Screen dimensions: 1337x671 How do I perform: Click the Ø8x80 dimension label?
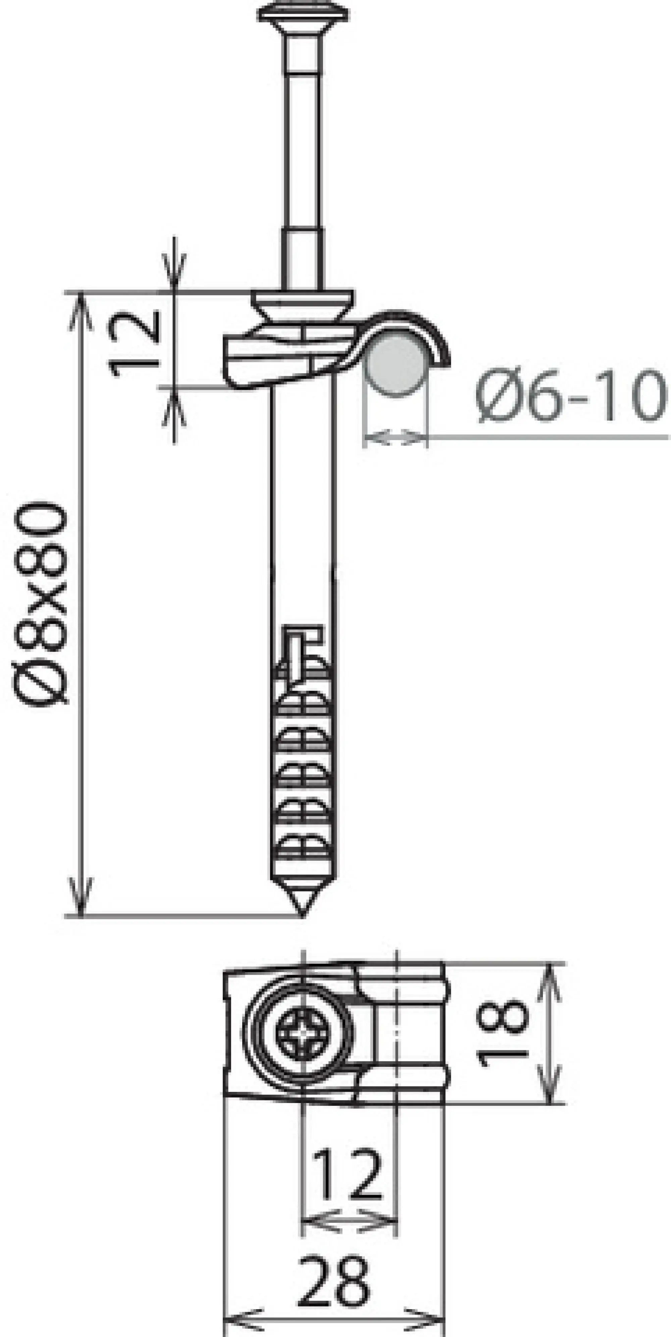click(x=41, y=602)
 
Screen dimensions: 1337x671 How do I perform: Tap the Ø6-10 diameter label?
click(x=570, y=395)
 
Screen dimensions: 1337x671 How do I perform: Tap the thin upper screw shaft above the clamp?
click(x=304, y=156)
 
